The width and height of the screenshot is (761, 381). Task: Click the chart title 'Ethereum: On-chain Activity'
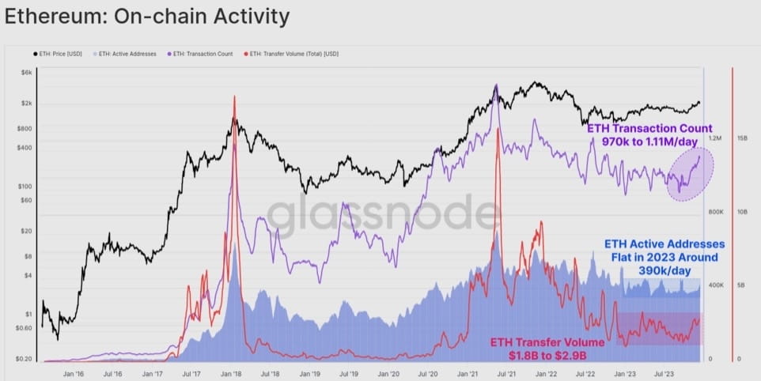click(x=147, y=16)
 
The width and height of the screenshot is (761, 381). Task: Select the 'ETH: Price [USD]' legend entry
click(x=57, y=54)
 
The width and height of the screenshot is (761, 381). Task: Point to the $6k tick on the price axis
click(x=25, y=72)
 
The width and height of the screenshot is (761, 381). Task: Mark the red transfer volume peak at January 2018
click(x=235, y=98)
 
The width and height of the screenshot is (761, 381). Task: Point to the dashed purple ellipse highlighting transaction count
click(x=690, y=174)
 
